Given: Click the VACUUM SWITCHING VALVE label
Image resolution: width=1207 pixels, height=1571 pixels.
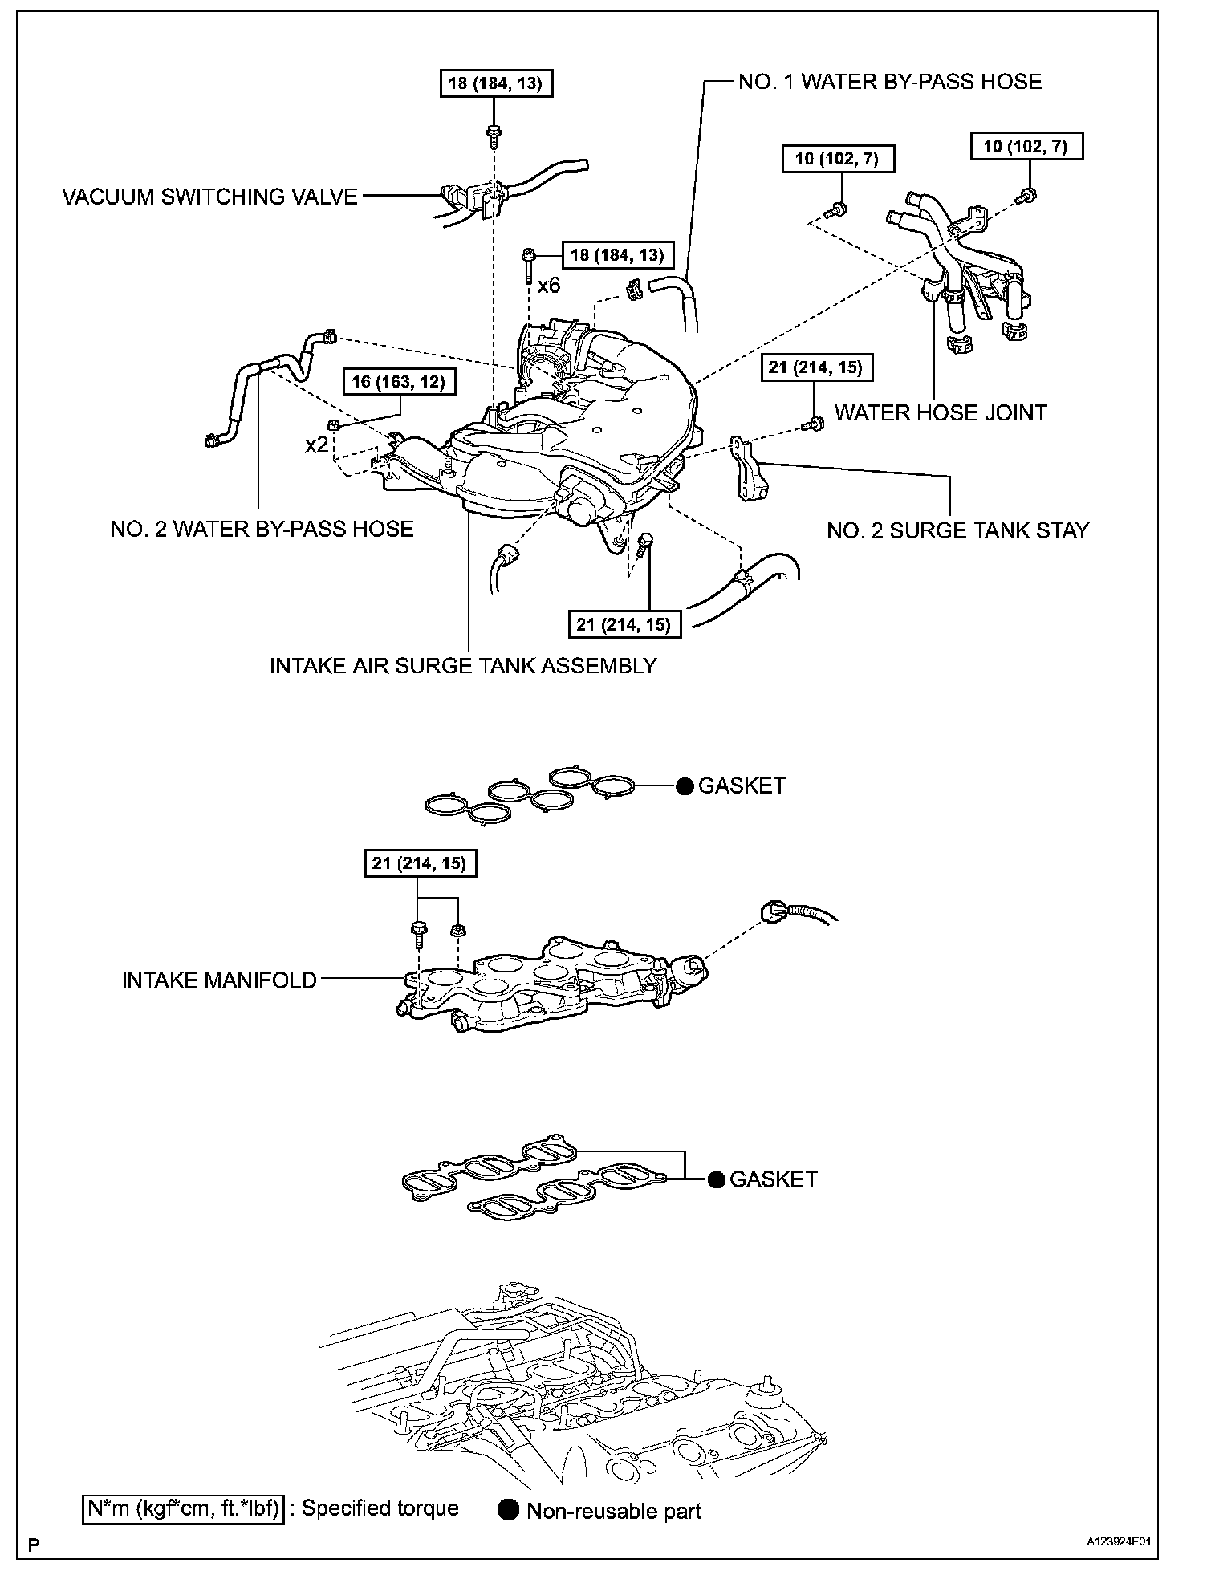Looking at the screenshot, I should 209,197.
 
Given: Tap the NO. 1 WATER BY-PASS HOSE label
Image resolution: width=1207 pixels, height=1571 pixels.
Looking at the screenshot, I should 889,82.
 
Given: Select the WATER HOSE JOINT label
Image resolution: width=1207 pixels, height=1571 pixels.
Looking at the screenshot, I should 941,412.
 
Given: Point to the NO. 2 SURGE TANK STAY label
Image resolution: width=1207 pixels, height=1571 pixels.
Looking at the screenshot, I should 957,530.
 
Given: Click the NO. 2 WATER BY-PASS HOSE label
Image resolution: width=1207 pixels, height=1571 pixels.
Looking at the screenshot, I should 262,529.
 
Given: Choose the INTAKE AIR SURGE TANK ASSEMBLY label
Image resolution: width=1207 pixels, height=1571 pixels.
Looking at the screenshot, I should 463,665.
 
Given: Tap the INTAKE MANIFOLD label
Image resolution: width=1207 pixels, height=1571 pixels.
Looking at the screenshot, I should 219,980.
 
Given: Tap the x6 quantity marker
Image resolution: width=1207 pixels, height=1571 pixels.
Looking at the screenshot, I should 548,286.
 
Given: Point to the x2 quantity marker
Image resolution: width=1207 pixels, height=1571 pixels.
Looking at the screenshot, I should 316,444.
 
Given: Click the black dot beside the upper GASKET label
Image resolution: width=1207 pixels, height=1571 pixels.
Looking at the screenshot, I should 684,786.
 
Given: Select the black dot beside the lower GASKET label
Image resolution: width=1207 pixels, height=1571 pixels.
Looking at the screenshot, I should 716,1179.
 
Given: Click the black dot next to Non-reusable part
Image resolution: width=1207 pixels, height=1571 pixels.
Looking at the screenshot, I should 508,1510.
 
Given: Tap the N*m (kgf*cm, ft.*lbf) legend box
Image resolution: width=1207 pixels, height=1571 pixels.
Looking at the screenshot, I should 183,1509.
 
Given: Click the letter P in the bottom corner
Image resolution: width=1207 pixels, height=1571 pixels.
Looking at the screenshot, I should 33,1543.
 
